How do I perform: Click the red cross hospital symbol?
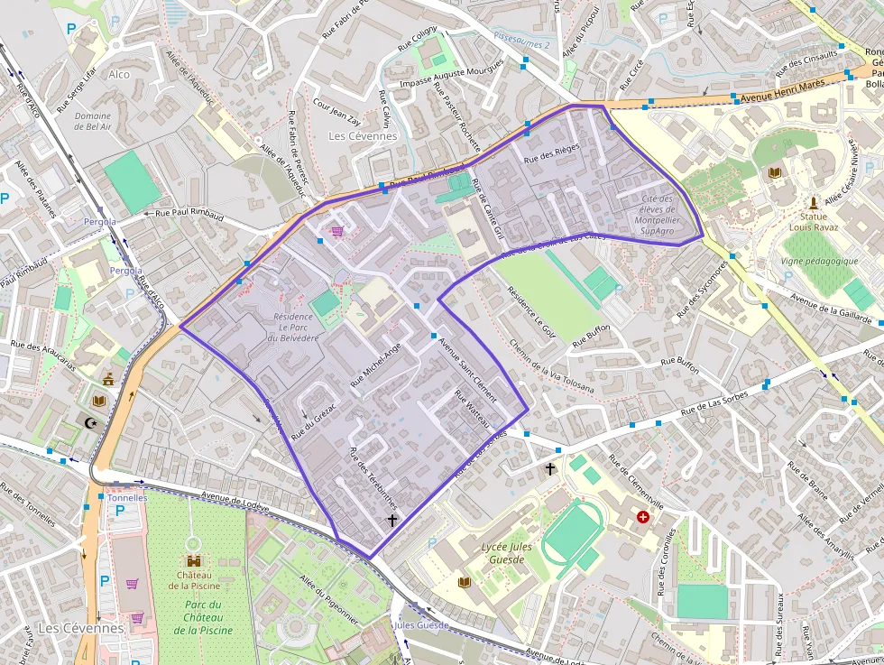coord(642,517)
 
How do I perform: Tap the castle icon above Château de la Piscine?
coord(192,560)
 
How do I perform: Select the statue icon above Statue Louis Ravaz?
coord(814,201)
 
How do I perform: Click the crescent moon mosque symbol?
coord(88,422)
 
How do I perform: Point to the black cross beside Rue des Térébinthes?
coord(391,521)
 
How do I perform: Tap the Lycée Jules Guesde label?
coord(506,553)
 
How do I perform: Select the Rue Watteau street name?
coord(473,410)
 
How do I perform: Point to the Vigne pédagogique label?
coord(820,261)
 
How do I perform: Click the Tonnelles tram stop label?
coord(127,497)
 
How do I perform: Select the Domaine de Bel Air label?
coord(93,122)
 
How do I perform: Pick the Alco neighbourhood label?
coord(118,74)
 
